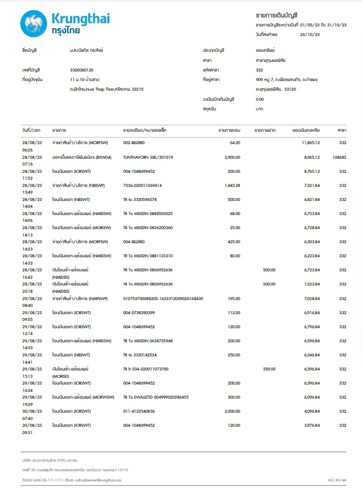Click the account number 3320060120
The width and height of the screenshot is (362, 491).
[78, 70]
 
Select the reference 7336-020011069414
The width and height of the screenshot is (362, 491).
[143, 185]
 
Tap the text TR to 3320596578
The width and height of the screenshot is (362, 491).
[140, 199]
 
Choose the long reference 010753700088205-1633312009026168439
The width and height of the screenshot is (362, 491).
[163, 298]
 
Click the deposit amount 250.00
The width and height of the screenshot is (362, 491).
[269, 368]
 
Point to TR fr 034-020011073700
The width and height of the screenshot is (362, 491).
[145, 368]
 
